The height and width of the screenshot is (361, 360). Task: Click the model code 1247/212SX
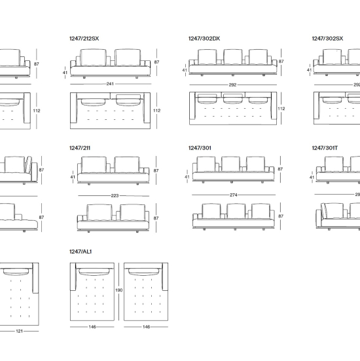[84, 39]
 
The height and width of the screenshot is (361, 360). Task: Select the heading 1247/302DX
[204, 39]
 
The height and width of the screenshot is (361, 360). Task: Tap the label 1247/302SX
[327, 39]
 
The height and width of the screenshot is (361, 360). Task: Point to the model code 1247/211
[80, 148]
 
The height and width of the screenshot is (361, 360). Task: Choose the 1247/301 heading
[200, 148]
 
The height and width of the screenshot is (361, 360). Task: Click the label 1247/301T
[325, 148]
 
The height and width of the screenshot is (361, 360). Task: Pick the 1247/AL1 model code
[81, 252]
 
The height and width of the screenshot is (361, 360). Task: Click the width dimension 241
[110, 84]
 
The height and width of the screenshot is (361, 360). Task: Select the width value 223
[115, 196]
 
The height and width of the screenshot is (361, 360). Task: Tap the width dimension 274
[234, 195]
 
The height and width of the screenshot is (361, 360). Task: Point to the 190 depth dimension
[119, 290]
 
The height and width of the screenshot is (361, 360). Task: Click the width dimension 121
[20, 331]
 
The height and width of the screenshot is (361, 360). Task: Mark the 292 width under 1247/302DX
[232, 85]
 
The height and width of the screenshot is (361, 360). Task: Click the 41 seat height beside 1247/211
[73, 177]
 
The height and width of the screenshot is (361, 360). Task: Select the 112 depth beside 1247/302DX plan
[281, 109]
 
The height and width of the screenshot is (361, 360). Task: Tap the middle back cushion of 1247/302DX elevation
[233, 57]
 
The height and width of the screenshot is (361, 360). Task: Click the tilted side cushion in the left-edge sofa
[29, 164]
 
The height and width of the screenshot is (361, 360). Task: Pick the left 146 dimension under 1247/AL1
[92, 327]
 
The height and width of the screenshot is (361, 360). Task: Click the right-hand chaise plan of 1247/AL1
[146, 292]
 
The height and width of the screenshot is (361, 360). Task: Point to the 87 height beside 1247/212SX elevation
[156, 62]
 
